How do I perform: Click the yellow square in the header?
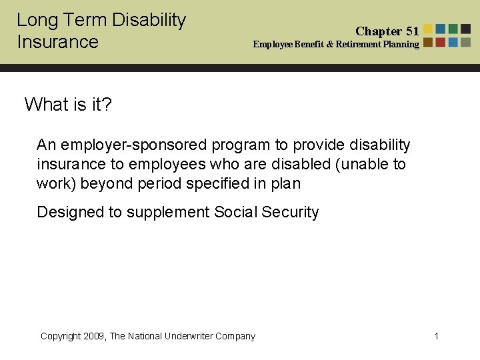(x=429, y=29)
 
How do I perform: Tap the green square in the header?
(x=453, y=29)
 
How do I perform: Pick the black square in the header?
(x=465, y=29)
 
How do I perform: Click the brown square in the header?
(x=429, y=42)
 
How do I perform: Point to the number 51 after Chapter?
(x=412, y=31)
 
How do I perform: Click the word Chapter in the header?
(x=379, y=31)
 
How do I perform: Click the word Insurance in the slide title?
(x=57, y=42)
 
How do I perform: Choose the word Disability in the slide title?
(x=149, y=20)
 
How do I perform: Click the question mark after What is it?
(x=107, y=104)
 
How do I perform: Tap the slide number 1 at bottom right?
(x=437, y=336)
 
